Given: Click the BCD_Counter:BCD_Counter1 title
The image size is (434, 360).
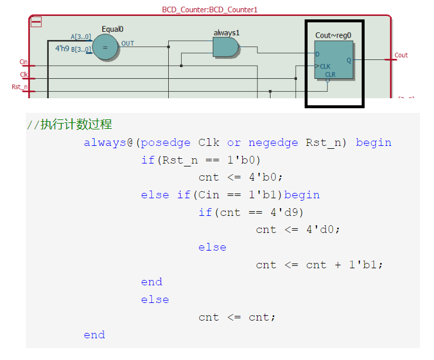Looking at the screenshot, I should pos(210,10).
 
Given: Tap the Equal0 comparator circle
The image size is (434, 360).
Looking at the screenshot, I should pos(105,48).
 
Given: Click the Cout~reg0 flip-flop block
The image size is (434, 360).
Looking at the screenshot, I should pos(333,59).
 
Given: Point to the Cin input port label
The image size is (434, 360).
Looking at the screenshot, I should pos(24,62).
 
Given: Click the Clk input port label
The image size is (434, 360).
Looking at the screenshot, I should pos(24,75).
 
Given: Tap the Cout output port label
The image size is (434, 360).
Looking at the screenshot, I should pos(401,55).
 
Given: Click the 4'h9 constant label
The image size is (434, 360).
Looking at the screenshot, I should pos(62,48).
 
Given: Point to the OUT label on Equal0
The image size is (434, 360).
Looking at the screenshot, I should pos(128,44).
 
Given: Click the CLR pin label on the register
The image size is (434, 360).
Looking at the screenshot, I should pos(330,74).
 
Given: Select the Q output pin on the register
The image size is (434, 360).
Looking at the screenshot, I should pos(349,59).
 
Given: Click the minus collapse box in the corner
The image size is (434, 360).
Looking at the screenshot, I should pos(36,22).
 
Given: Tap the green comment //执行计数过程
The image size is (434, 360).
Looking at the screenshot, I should pos(69,125).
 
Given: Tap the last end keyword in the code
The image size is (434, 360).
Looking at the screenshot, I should pos(94,335).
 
